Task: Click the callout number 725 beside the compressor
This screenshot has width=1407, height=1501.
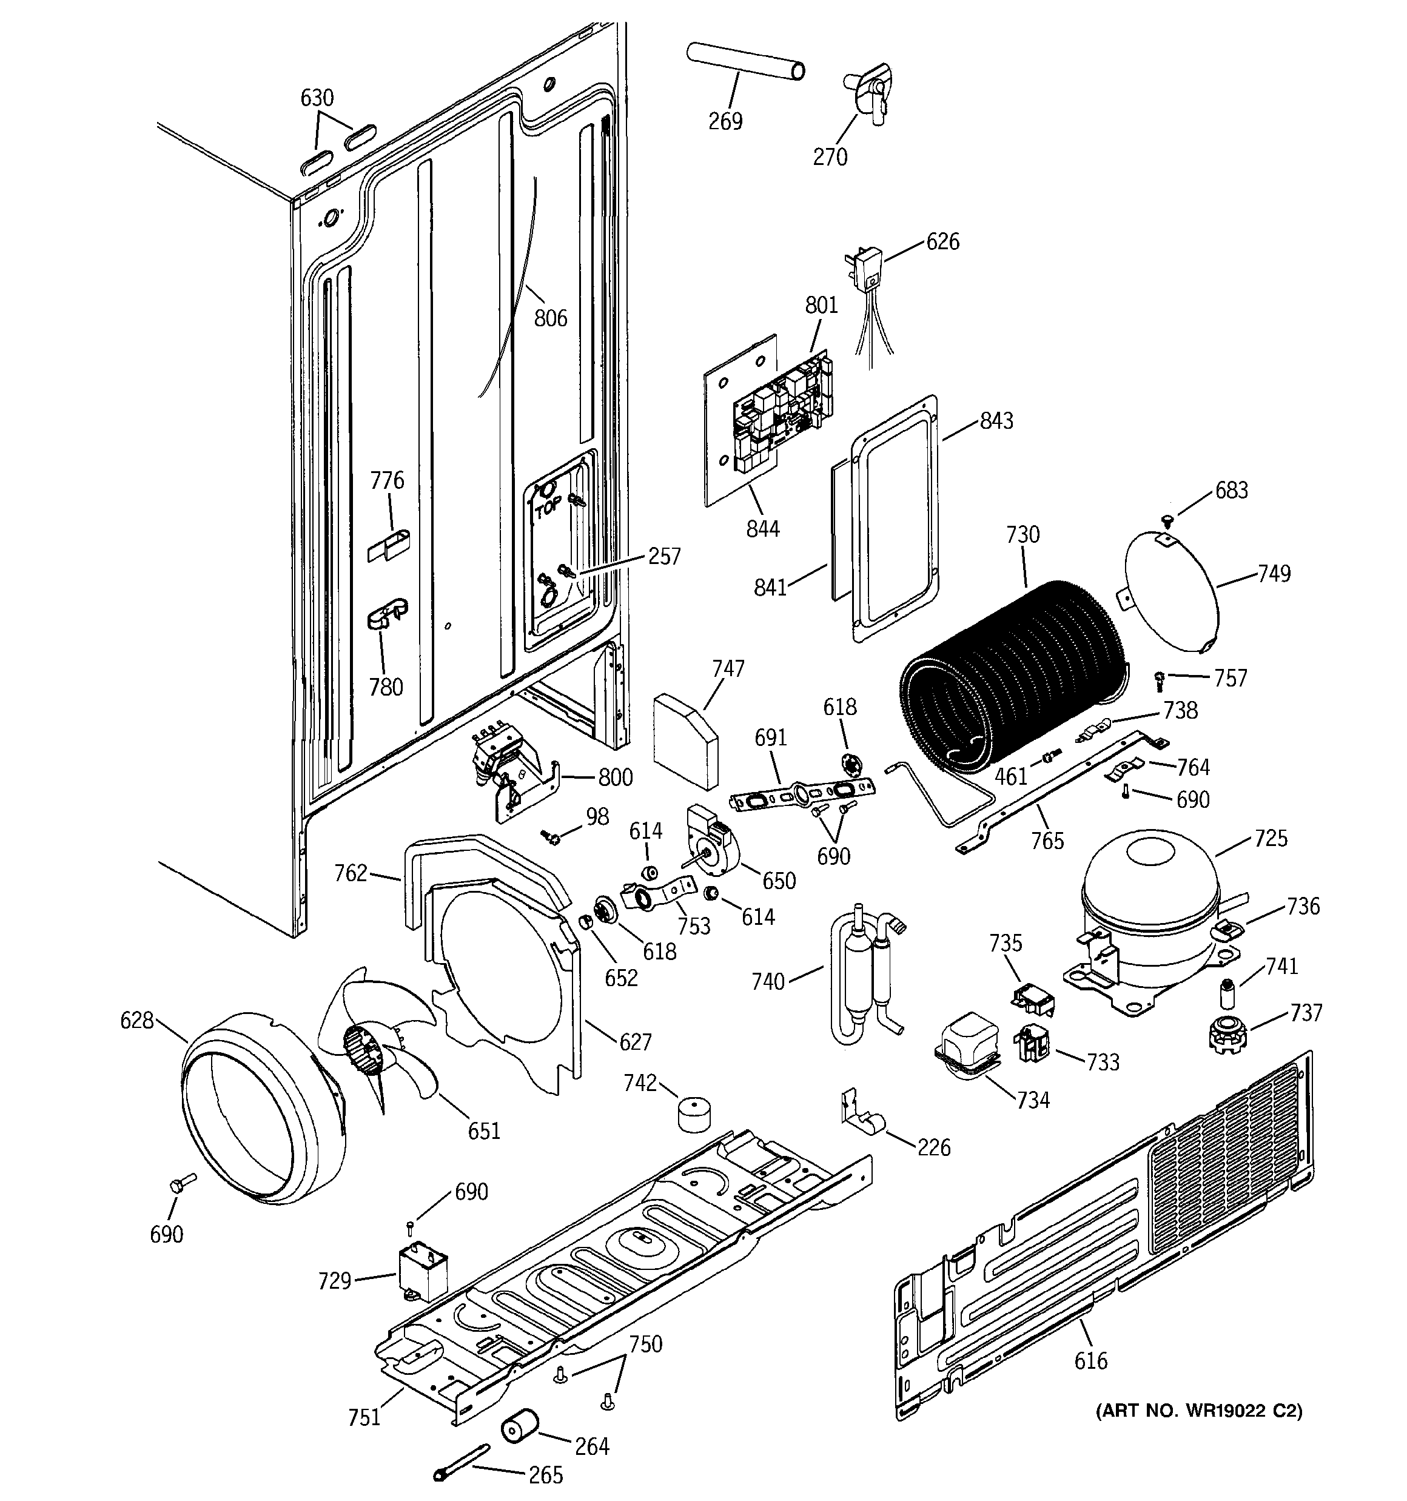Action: click(1271, 838)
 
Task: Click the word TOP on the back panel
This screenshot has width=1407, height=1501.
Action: click(548, 509)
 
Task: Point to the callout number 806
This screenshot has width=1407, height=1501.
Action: click(551, 318)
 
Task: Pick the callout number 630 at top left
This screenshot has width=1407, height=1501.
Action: click(317, 98)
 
